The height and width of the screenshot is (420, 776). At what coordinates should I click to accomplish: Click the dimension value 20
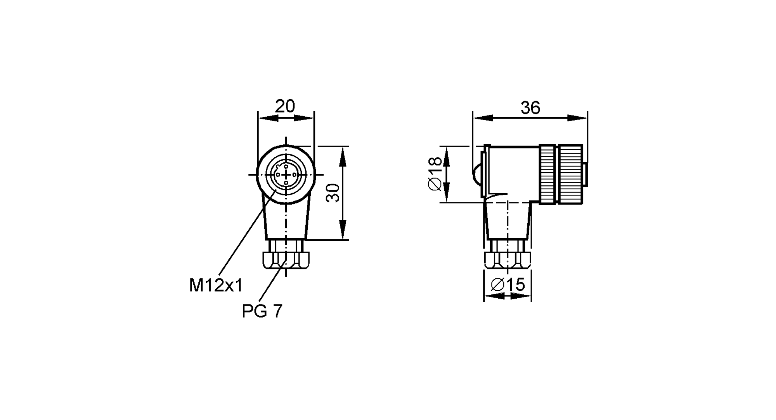pyautogui.click(x=285, y=106)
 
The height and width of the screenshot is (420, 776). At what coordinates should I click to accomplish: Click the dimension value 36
pyautogui.click(x=530, y=108)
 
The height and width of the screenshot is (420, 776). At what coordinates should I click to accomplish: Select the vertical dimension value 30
pyautogui.click(x=333, y=193)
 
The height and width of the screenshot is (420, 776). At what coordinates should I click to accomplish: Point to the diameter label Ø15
pyautogui.click(x=508, y=285)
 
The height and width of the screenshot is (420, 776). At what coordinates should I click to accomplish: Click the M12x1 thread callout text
pyautogui.click(x=216, y=286)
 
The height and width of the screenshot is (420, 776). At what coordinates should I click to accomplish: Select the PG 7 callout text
pyautogui.click(x=262, y=311)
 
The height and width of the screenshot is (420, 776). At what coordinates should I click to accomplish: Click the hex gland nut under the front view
pyautogui.click(x=286, y=260)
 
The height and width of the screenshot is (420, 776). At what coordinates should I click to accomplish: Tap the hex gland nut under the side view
pyautogui.click(x=508, y=260)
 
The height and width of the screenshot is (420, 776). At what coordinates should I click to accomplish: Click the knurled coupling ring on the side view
pyautogui.click(x=561, y=174)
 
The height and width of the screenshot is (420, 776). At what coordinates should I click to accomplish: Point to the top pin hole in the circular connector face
pyautogui.click(x=286, y=166)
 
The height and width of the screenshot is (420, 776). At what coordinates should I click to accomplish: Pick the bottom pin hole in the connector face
pyautogui.click(x=286, y=183)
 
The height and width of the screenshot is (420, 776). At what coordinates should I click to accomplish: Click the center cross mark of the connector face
pyautogui.click(x=286, y=175)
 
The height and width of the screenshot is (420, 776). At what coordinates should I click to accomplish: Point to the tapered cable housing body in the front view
pyautogui.click(x=286, y=221)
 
